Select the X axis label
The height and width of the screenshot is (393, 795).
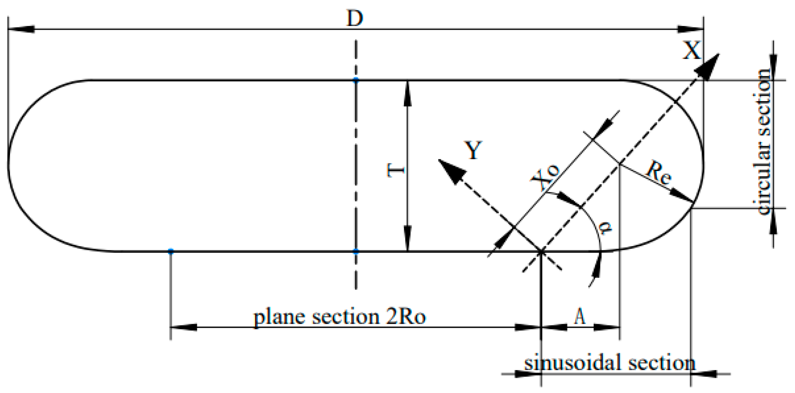coord(691,51)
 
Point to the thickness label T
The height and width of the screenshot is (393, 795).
coord(396,170)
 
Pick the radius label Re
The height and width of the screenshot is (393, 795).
coord(659,172)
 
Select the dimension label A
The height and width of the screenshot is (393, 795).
coord(580,316)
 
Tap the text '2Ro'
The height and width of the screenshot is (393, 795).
coord(406,316)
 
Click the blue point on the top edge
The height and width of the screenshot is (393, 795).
coord(356,80)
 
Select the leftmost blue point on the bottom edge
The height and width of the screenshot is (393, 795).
coord(171,251)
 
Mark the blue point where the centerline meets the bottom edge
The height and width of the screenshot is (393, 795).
coord(356,251)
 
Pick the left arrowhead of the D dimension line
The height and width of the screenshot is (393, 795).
coord(21,29)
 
